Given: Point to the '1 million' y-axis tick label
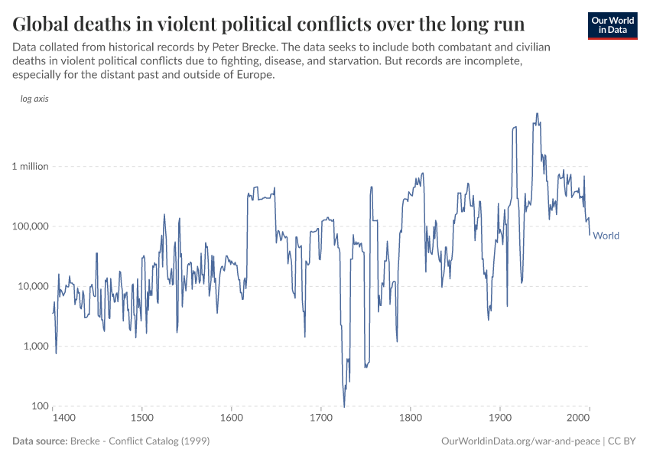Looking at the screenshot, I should pos(29,167).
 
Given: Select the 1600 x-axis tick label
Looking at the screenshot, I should pos(231,418).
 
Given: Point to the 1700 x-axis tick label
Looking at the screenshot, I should pos(321,418).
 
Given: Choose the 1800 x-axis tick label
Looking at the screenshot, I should pos(411,418).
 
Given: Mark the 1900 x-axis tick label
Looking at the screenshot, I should pos(500,418).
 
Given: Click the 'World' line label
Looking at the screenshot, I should pos(606,236).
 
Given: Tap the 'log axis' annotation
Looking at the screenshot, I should pos(34,99).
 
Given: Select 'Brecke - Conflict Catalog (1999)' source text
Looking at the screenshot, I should pos(139,441).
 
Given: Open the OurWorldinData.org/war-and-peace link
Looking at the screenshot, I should pos(521,441).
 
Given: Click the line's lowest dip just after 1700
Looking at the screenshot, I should pos(344,405).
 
